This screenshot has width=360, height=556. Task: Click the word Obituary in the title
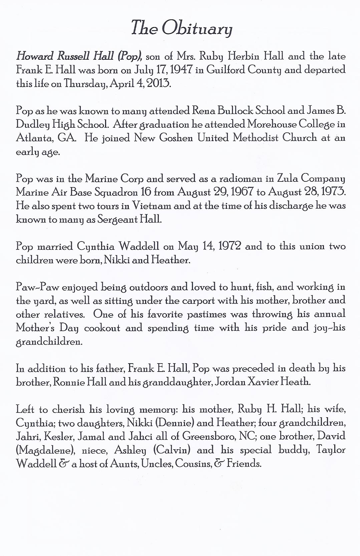pos(197,28)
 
